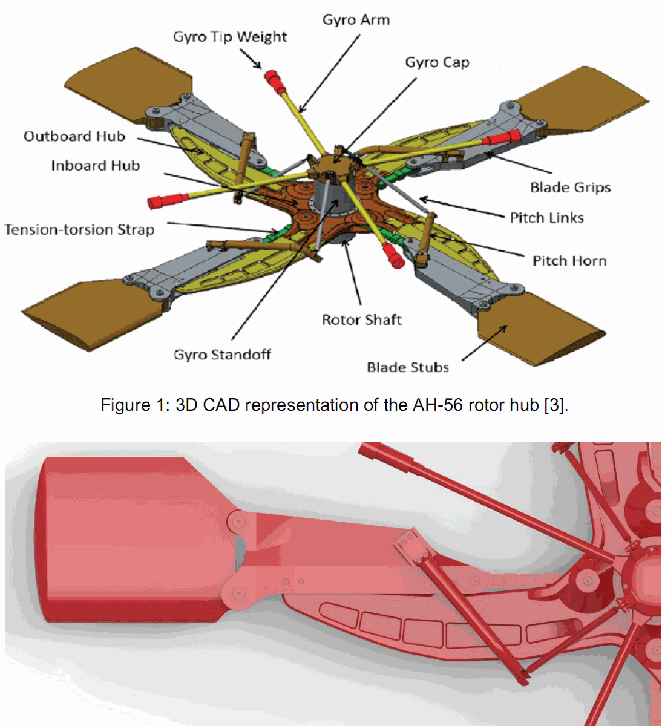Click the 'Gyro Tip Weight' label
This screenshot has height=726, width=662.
click(230, 38)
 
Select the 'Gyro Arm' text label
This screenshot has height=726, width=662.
click(356, 20)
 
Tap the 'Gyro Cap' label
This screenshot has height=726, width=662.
click(437, 62)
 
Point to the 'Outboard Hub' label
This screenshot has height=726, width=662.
click(74, 136)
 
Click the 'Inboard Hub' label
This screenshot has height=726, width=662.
click(96, 166)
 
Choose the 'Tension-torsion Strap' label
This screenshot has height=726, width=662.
click(79, 230)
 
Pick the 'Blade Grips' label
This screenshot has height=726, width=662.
click(570, 188)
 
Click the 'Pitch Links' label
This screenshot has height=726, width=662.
click(546, 218)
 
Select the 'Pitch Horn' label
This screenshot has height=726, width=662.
click(569, 261)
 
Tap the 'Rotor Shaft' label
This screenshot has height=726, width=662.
click(361, 319)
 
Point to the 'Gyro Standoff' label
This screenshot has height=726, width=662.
click(222, 355)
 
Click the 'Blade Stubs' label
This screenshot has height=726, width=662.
click(408, 367)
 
